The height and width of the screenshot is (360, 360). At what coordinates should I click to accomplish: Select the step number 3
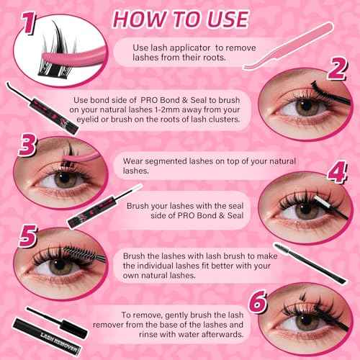[25, 146]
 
